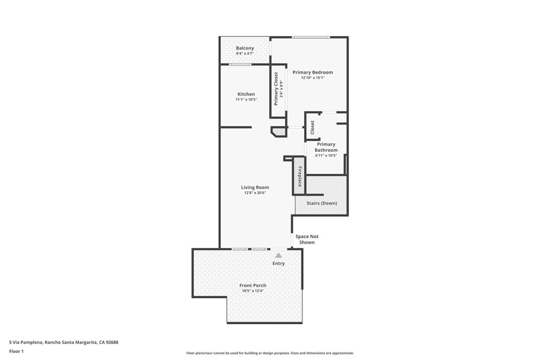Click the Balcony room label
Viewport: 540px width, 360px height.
point(245,48)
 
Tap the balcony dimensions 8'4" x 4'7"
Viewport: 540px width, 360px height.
point(245,53)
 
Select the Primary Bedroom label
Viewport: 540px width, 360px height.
point(313,72)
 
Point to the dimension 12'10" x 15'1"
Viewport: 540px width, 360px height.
point(313,77)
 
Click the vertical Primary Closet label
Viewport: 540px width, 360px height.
point(276,89)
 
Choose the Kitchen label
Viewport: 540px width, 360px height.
point(246,94)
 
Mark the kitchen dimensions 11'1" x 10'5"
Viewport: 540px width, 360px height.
point(246,99)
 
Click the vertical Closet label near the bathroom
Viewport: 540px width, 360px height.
point(312,127)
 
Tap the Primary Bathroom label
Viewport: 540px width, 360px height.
point(326,147)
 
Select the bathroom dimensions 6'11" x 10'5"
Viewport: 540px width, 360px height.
point(326,155)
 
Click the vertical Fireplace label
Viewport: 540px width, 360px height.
point(299,177)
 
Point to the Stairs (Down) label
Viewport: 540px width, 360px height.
point(322,203)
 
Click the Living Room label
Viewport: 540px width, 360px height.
point(255,187)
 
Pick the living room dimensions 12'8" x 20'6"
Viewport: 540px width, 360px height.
point(255,193)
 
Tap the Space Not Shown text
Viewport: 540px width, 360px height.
point(307,239)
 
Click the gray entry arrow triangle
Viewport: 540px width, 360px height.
point(278,255)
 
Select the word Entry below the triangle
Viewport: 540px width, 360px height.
point(278,264)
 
